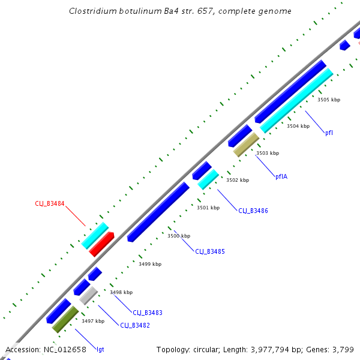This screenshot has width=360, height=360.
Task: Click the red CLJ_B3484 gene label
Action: point(50,204)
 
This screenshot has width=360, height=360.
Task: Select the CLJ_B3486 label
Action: point(253,211)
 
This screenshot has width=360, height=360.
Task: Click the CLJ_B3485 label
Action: point(210,251)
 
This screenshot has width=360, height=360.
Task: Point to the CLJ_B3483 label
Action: point(148,313)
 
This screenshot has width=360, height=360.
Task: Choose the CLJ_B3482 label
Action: point(135,325)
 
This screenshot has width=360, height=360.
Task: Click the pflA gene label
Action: point(281,176)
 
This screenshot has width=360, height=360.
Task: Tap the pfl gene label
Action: point(329,133)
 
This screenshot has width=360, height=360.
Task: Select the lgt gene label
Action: point(100,349)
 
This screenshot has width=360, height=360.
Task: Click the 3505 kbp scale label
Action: point(329,100)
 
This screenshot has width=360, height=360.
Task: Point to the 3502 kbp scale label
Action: point(237,180)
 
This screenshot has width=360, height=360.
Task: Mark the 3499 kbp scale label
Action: point(150,264)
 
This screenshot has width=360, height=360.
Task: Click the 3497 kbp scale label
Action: point(93,321)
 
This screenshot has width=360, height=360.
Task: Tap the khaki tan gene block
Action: point(246,145)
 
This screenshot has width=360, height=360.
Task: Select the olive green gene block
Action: point(65,319)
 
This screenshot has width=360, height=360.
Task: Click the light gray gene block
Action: point(88,295)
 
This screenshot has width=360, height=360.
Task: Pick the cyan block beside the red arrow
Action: point(95,235)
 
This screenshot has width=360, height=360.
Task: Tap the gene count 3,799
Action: point(344,349)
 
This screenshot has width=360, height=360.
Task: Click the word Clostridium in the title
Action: point(92,11)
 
